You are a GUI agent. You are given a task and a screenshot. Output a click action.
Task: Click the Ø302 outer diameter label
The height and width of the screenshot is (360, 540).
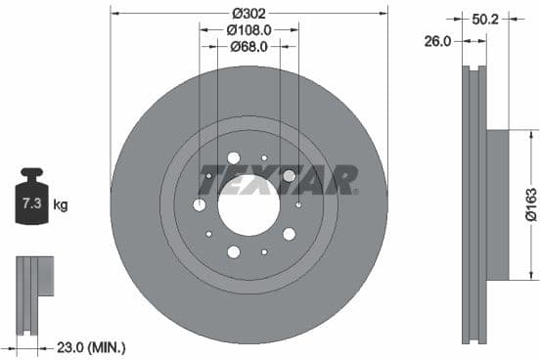point(249,14)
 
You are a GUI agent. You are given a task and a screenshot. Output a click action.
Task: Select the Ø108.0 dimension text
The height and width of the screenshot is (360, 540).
point(249,30)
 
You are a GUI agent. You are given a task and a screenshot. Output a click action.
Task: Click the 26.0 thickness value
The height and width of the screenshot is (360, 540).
point(438,41)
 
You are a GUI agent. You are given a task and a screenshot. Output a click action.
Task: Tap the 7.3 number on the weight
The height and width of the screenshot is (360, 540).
point(31,204)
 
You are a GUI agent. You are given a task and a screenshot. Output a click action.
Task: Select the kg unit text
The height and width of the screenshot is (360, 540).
point(61,205)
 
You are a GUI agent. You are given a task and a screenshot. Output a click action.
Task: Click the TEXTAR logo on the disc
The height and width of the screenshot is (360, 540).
point(279,179)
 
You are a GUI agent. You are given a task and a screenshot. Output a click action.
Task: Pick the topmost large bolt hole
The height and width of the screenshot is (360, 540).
point(234,157)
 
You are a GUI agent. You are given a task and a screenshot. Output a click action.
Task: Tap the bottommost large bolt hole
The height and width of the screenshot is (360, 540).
point(234,252)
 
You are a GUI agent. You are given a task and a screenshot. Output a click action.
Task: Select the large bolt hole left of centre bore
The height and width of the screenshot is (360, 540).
point(200,204)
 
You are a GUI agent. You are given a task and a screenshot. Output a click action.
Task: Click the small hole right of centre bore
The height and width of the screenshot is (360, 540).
point(298,204)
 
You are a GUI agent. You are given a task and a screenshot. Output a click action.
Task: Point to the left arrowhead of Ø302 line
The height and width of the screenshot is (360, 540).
point(114,14)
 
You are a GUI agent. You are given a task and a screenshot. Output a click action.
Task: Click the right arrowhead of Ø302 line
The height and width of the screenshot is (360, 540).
point(384,14)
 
